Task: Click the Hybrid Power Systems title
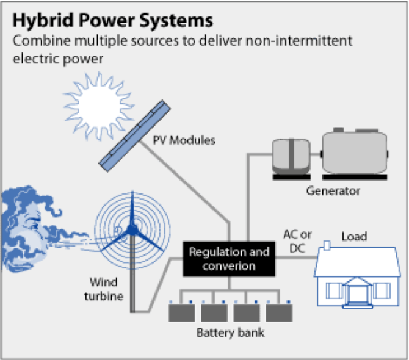[x=113, y=20]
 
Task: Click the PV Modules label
[x=184, y=141]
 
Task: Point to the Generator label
[x=333, y=191]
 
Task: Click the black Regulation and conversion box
[x=229, y=259]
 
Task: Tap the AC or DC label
[x=298, y=240]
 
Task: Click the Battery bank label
[x=230, y=334]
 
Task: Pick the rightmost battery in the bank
[x=280, y=311]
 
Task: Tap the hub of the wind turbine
[x=132, y=234]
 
